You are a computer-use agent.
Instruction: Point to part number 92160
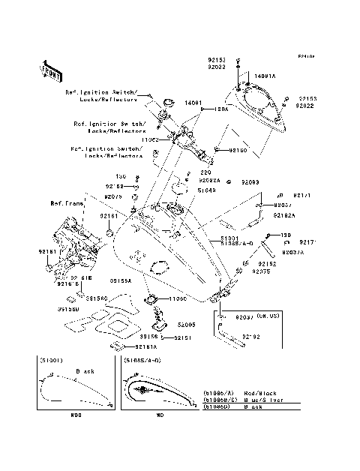(238, 150)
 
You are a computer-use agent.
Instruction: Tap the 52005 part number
(187, 325)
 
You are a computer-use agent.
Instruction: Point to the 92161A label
(146, 347)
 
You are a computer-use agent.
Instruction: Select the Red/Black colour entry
(255, 392)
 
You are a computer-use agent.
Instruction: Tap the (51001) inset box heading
(51, 360)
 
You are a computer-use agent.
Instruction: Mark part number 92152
(268, 263)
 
